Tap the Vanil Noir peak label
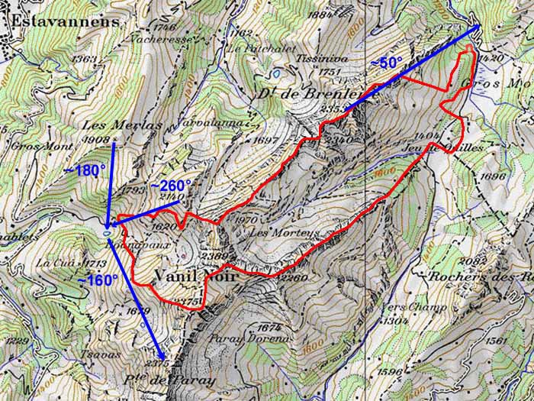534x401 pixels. (x=195, y=276)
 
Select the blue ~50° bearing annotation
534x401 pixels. (x=386, y=63)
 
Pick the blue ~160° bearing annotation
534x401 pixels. (x=98, y=280)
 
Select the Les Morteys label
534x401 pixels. (x=272, y=232)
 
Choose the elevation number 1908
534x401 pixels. (x=100, y=139)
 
